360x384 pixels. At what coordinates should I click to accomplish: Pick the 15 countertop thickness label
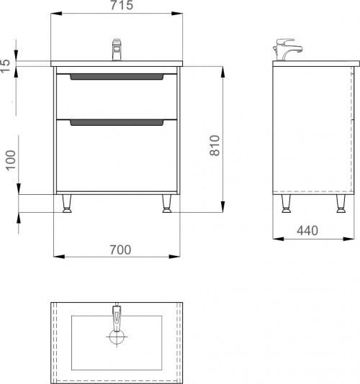6,66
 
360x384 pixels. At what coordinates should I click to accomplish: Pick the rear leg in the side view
338,206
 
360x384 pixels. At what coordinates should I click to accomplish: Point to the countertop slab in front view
118,65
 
